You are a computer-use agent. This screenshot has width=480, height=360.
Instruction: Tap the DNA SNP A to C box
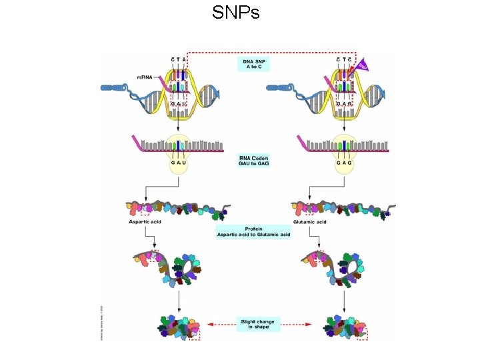(x=253, y=65)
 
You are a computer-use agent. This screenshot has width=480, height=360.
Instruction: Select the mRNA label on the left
(x=145, y=77)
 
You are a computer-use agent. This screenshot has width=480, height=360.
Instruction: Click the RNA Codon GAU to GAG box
(x=253, y=161)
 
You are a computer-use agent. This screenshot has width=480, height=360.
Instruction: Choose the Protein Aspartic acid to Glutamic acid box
(x=253, y=233)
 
